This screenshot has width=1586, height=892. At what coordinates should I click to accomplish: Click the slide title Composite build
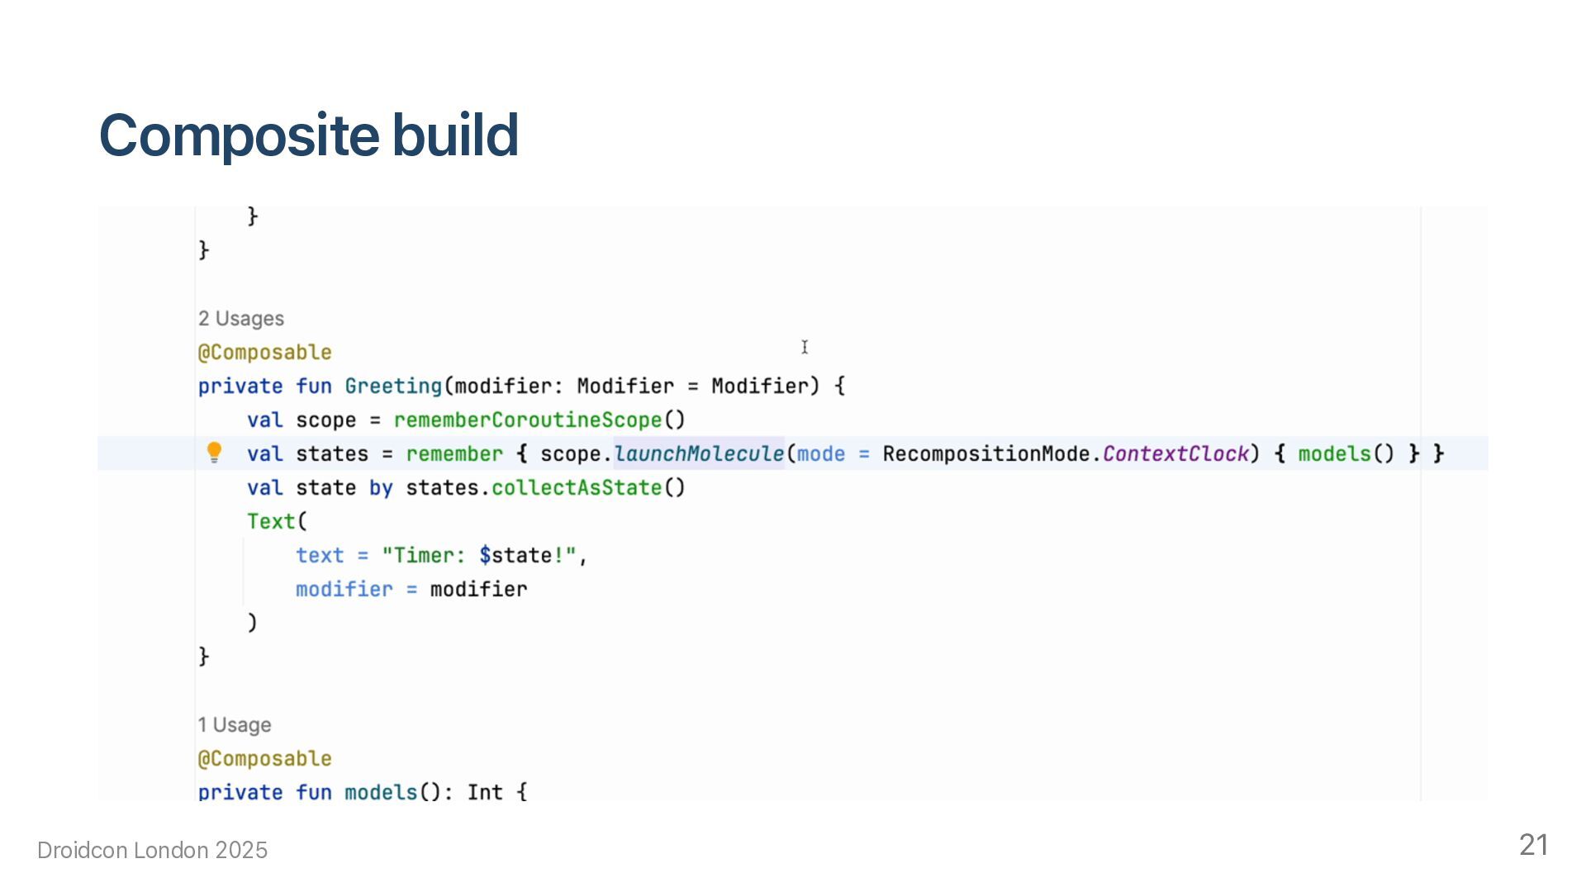tap(308, 135)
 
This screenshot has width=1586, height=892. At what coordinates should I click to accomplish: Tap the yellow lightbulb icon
tap(214, 452)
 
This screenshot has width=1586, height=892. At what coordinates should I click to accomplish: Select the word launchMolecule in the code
tap(699, 454)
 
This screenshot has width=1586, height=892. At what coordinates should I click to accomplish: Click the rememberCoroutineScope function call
tap(527, 420)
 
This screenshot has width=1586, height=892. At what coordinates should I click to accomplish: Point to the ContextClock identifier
tap(1175, 454)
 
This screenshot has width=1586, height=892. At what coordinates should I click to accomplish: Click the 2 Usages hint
tap(240, 319)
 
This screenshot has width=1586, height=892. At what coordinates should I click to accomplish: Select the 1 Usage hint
tap(235, 725)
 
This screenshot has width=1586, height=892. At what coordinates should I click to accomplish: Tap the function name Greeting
tap(393, 387)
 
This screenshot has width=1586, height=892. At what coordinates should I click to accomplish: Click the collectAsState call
tap(577, 488)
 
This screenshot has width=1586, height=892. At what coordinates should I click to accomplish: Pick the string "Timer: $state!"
tap(479, 556)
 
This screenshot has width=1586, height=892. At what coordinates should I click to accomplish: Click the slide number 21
tap(1533, 845)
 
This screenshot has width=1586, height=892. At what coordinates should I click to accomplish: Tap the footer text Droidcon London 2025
tap(153, 851)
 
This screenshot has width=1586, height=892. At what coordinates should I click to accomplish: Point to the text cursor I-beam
tap(805, 348)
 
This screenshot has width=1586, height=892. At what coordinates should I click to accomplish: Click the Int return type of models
tap(485, 793)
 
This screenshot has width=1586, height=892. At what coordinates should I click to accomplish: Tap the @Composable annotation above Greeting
tap(264, 353)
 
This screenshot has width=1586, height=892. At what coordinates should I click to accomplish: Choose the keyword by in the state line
tap(381, 488)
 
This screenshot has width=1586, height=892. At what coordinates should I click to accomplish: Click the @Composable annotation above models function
tap(264, 759)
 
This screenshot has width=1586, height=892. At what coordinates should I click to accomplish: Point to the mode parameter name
tap(820, 454)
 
